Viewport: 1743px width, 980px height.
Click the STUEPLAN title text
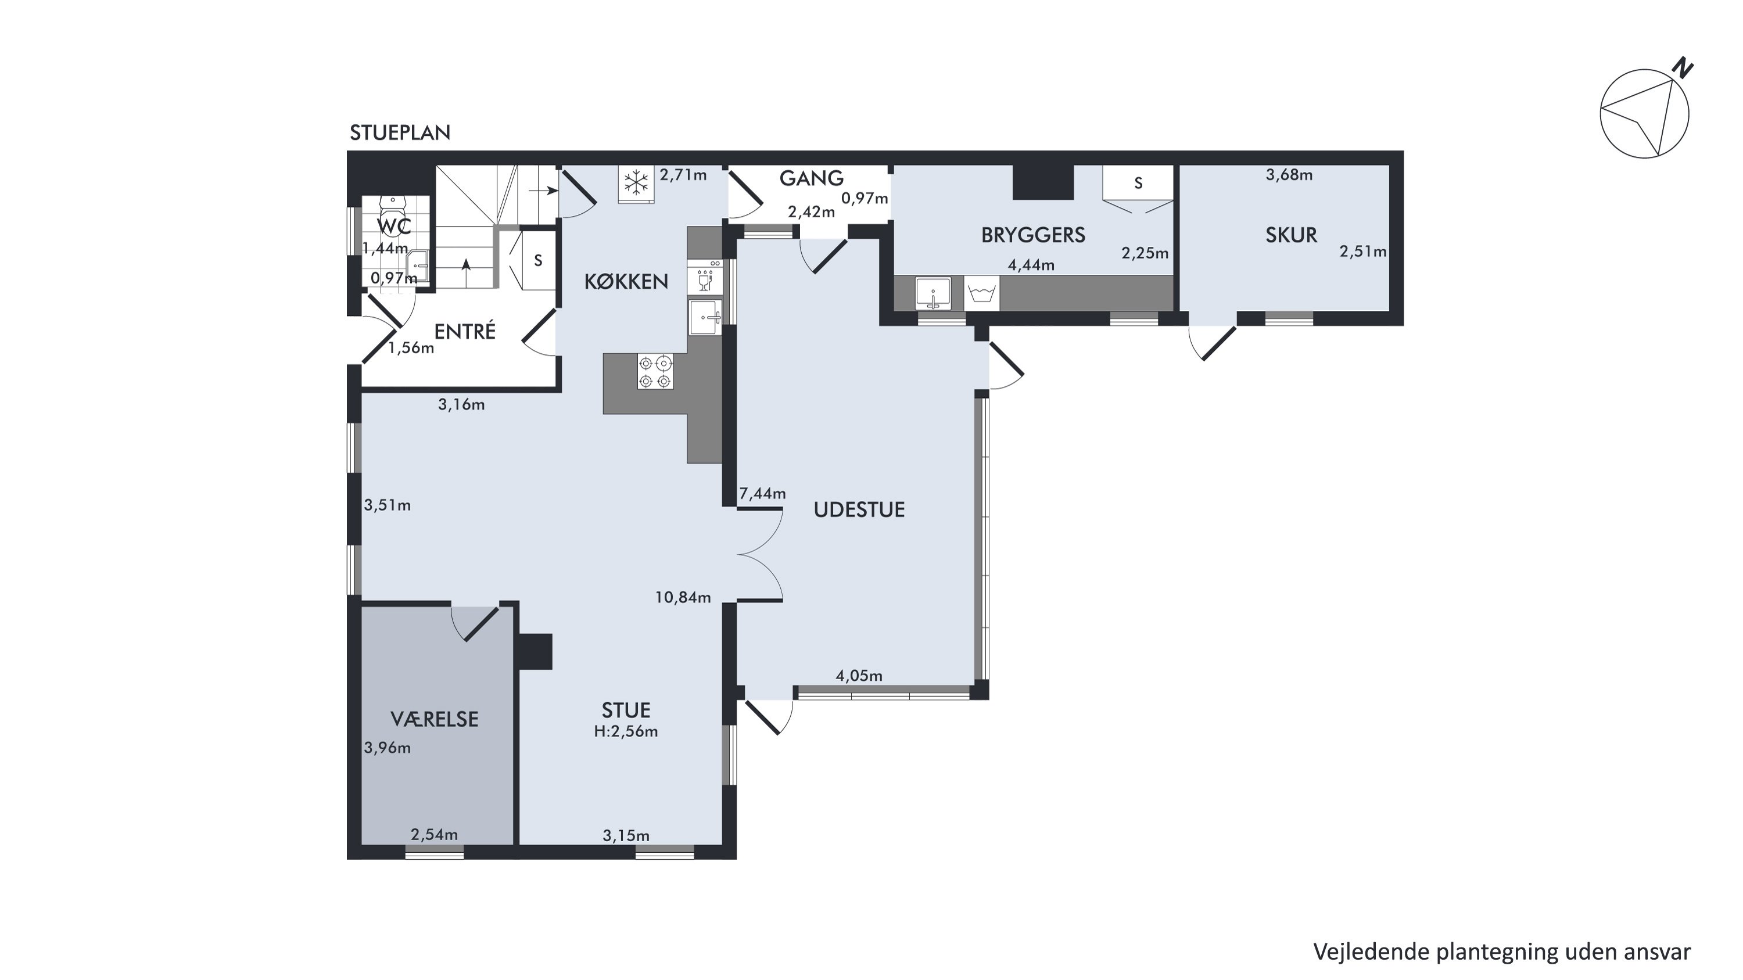[x=400, y=132]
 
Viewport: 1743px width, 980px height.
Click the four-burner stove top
[x=655, y=371]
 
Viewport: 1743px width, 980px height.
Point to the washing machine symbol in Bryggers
[x=982, y=293]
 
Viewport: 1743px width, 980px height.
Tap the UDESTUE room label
[x=859, y=509]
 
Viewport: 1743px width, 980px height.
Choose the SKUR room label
[x=1291, y=235]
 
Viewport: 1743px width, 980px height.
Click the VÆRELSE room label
[x=435, y=719]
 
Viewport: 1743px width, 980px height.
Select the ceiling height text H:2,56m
[x=626, y=732]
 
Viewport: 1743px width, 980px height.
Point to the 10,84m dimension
[x=683, y=597]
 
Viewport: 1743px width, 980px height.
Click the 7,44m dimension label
[x=762, y=494]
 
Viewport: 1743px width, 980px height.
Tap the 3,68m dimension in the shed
[x=1289, y=174]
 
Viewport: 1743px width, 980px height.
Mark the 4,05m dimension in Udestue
[x=859, y=676]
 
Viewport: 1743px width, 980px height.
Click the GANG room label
[x=811, y=178]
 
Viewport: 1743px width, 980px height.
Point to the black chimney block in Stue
[x=535, y=651]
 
